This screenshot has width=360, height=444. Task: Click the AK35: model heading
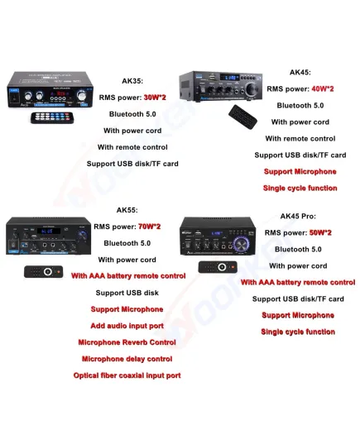[132, 81]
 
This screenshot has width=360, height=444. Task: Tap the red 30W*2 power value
[155, 98]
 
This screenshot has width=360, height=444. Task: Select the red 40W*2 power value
[323, 89]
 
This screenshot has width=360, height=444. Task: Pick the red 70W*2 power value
[150, 227]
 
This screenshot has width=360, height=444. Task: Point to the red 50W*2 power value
[320, 233]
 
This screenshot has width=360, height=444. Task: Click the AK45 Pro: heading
[298, 217]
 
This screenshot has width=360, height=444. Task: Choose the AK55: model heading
[127, 210]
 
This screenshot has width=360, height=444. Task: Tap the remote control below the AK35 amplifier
[52, 117]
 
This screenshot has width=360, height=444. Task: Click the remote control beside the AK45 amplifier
[243, 117]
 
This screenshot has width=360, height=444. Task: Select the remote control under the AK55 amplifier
[43, 272]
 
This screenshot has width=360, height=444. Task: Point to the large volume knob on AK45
[251, 89]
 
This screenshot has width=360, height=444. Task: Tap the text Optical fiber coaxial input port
[127, 375]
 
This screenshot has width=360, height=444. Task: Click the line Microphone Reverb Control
[127, 342]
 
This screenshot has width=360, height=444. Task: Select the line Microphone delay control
[127, 359]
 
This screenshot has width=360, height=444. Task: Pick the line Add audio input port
[127, 326]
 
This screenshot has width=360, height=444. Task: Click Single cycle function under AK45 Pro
[298, 332]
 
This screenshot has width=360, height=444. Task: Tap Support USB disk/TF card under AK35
[132, 164]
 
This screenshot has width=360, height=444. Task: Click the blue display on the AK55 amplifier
[47, 231]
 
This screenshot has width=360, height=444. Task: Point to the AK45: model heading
[300, 73]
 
